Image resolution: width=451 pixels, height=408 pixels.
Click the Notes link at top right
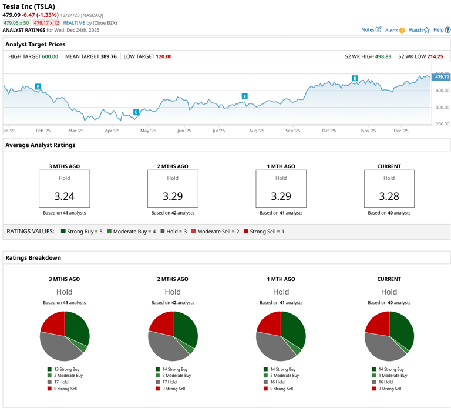[371, 29]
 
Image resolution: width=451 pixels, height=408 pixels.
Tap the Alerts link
[394, 29]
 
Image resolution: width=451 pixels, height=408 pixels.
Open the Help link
[441, 29]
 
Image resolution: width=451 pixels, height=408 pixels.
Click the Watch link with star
[419, 29]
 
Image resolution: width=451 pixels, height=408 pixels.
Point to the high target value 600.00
[50, 56]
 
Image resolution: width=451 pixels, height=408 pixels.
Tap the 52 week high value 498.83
[380, 56]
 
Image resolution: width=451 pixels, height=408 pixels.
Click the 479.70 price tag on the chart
[442, 77]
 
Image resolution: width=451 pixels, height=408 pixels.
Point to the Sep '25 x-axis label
[292, 131]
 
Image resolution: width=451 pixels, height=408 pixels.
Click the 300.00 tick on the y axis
[442, 108]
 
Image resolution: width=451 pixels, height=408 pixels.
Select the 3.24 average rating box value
[65, 196]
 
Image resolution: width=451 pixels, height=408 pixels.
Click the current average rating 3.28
[389, 196]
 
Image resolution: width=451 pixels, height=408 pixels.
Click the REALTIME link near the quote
[74, 22]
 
